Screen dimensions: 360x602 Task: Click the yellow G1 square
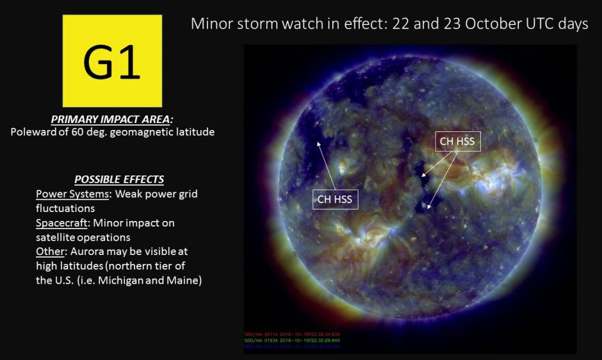coord(112,61)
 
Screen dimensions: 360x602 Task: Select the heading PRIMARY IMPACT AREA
coord(112,120)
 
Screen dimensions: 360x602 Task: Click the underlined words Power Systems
coord(72,193)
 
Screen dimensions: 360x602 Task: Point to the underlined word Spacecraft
coord(63,223)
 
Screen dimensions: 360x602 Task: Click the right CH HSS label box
coord(457,141)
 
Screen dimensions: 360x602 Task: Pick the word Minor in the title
coord(211,24)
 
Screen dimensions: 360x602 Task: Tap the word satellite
coord(59,238)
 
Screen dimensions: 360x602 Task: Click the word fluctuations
coord(65,208)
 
